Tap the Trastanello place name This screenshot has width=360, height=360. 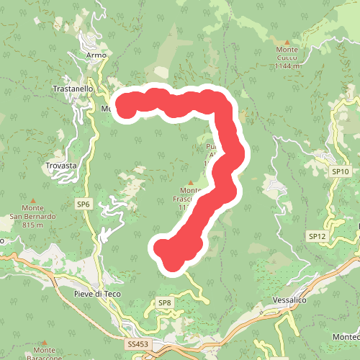coord(73,89)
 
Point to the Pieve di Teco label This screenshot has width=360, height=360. coord(96,294)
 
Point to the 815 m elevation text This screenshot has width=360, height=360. coord(32,225)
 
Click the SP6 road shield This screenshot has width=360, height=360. coord(84,204)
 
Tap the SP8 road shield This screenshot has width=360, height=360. coord(164,302)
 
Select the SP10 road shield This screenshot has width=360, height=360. coord(340,172)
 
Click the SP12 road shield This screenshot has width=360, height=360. coord(317,236)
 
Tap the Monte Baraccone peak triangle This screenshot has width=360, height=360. coord(45,342)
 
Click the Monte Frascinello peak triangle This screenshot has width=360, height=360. coord(190,182)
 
